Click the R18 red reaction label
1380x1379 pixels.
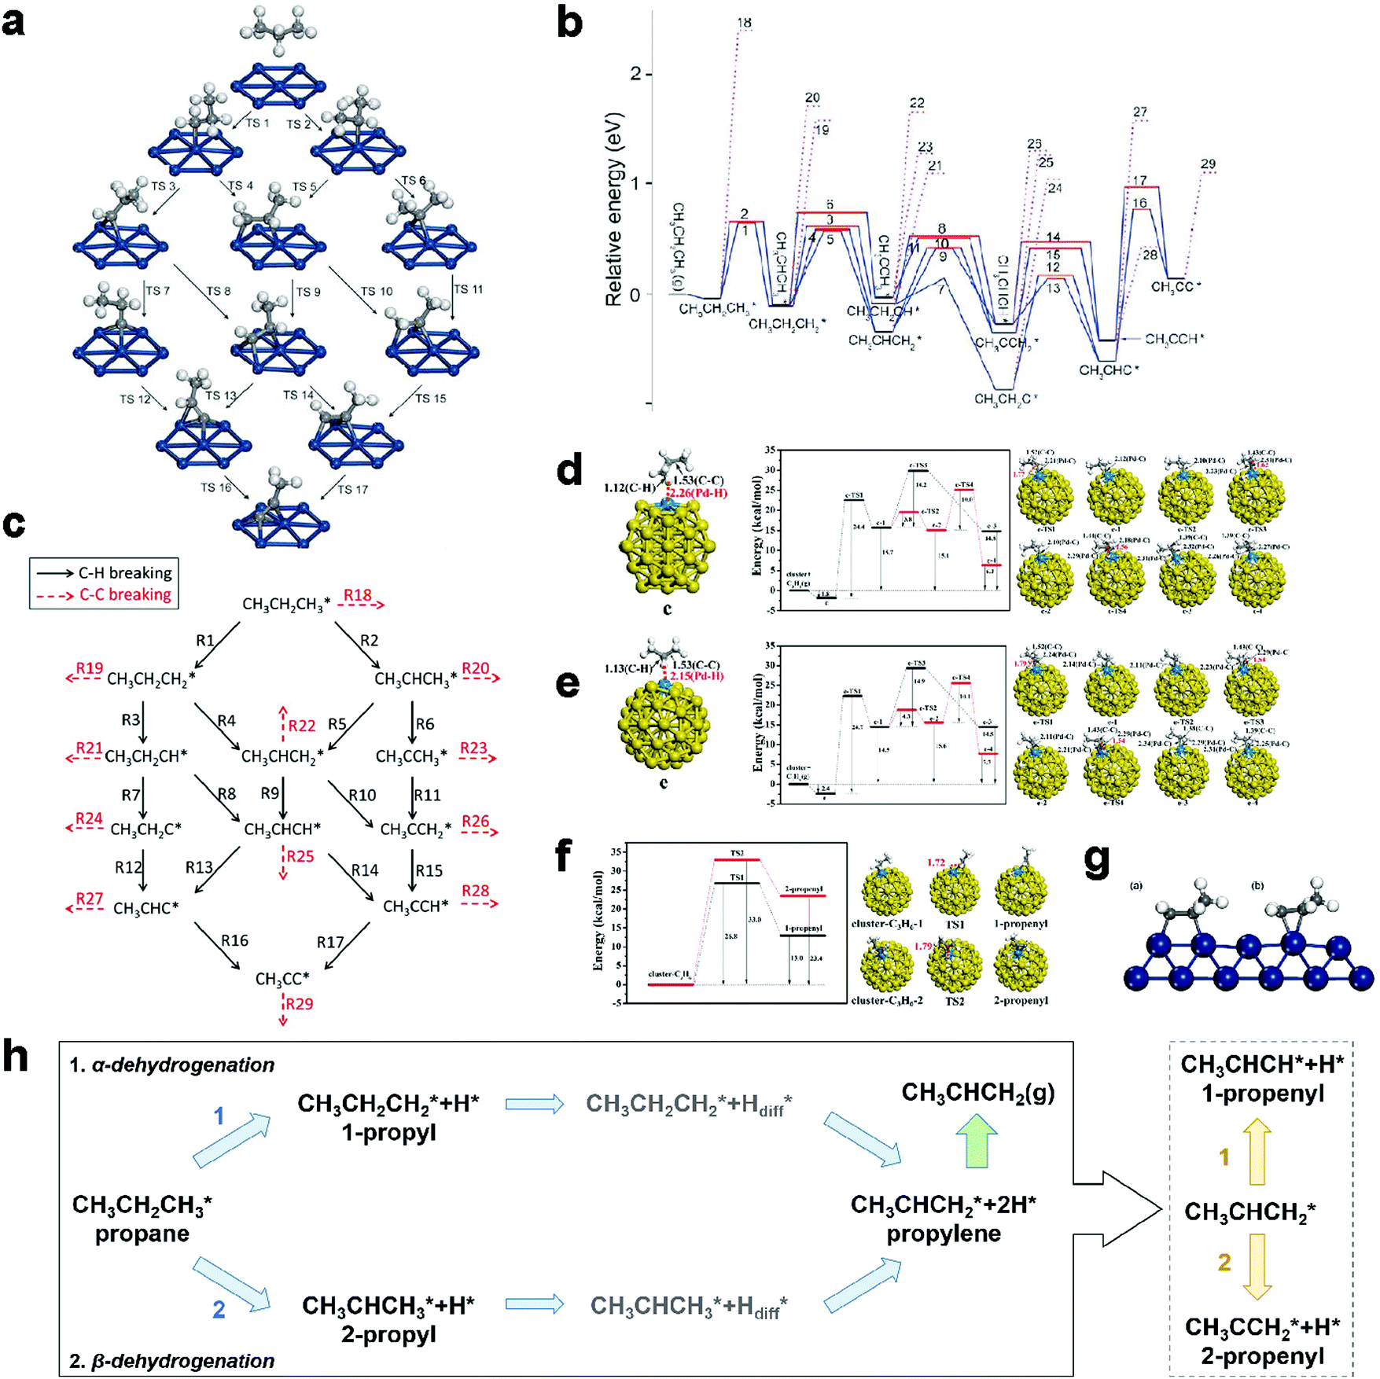click(357, 595)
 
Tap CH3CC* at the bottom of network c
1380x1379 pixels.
click(282, 979)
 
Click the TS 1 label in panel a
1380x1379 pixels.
click(257, 123)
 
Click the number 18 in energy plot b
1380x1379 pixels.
click(744, 24)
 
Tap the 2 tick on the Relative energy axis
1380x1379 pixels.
click(635, 74)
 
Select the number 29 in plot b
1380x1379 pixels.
click(1208, 164)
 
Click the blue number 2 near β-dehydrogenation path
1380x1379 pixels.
click(219, 1309)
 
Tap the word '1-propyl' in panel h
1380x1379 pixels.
click(388, 1133)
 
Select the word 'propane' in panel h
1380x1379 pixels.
click(142, 1234)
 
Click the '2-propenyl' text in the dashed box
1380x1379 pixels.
click(1262, 1355)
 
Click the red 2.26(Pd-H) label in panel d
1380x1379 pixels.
click(698, 493)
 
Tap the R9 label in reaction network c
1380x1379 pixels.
click(270, 793)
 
